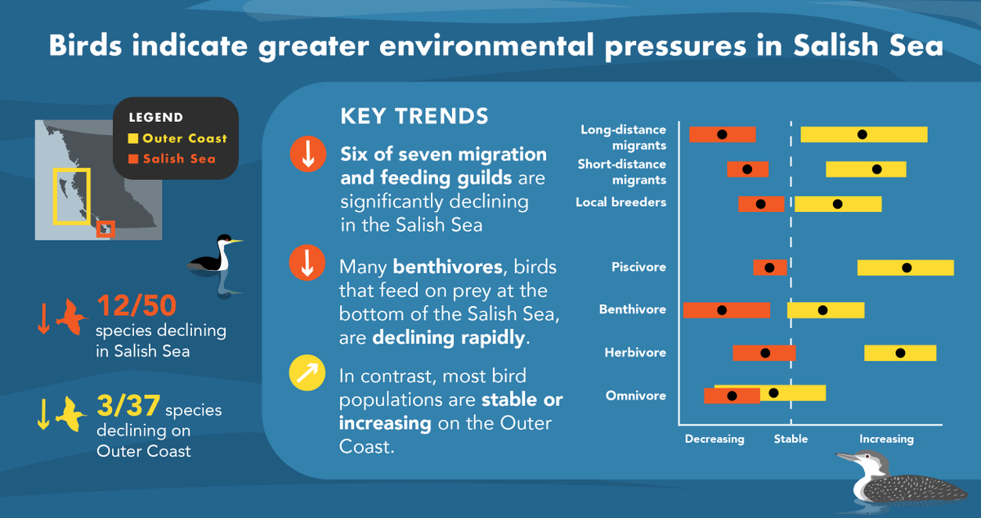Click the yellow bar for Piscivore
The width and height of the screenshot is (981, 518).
pyautogui.click(x=905, y=268)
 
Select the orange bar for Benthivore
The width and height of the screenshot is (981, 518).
pyautogui.click(x=726, y=310)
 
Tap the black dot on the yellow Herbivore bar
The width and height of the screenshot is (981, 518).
pyautogui.click(x=900, y=353)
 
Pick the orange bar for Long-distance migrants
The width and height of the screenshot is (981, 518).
pyautogui.click(x=722, y=134)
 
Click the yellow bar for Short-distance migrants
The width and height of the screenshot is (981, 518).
pyautogui.click(x=866, y=169)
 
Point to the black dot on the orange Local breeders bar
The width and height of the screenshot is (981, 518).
pyautogui.click(x=760, y=205)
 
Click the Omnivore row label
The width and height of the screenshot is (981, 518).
pyautogui.click(x=635, y=396)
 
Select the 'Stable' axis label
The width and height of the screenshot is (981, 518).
pyautogui.click(x=791, y=439)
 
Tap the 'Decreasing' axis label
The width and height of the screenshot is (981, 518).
pyautogui.click(x=714, y=439)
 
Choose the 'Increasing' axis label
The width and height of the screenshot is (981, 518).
pyautogui.click(x=886, y=439)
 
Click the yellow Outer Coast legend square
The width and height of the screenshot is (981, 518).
pyautogui.click(x=134, y=138)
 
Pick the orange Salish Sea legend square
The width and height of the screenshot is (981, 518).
pyautogui.click(x=134, y=159)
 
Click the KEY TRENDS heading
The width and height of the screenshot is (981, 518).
pyautogui.click(x=414, y=115)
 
